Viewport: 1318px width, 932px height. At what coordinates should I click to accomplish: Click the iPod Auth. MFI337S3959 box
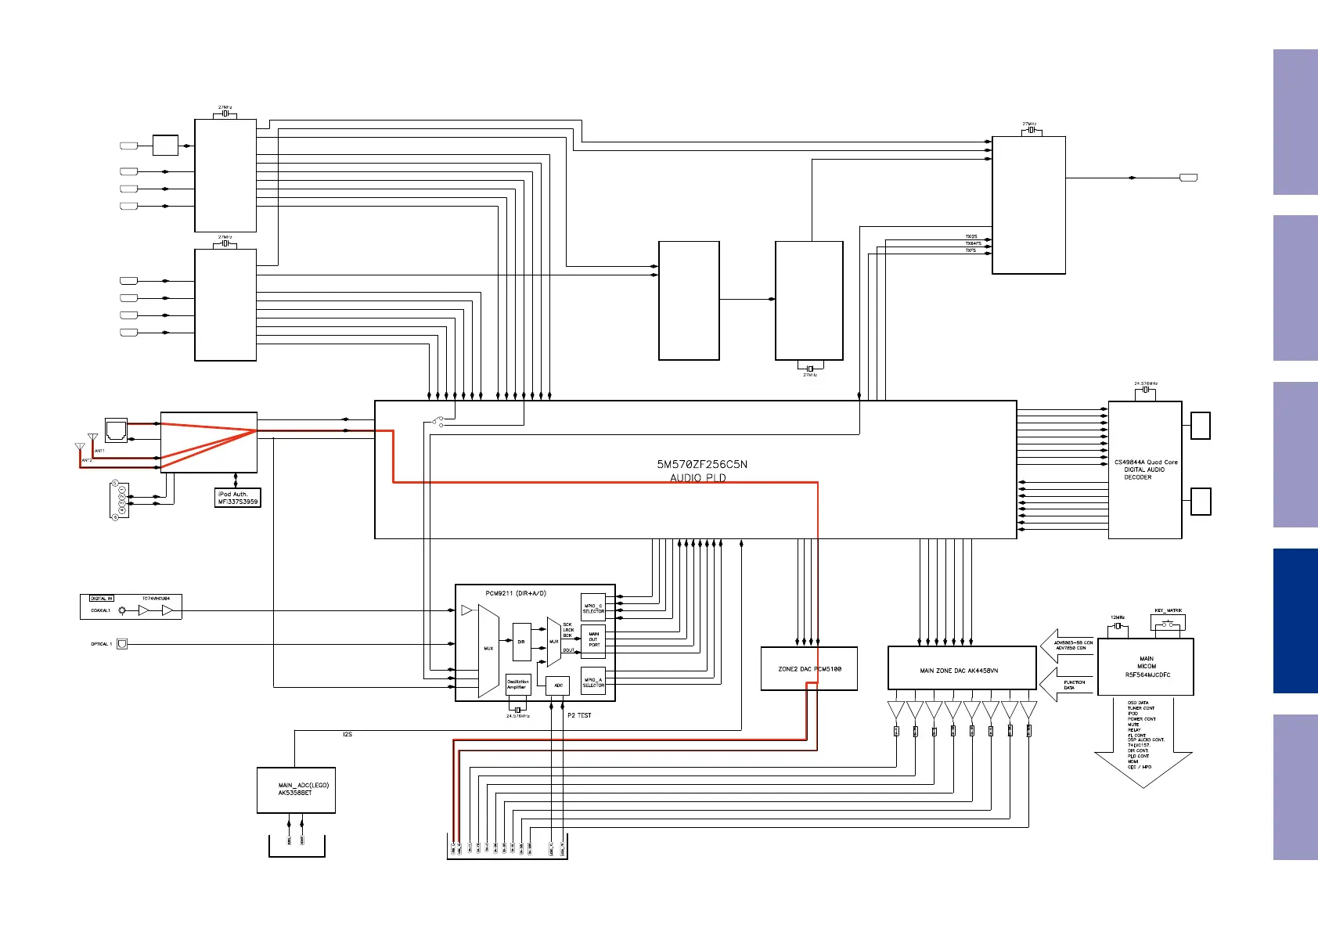238,498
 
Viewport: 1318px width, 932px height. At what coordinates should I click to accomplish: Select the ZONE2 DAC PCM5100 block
809,669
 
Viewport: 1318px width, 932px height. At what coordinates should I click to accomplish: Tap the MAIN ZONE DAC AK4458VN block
961,670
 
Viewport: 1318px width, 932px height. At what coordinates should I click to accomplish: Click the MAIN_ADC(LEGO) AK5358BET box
296,790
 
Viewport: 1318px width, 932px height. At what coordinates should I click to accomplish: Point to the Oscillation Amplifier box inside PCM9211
517,685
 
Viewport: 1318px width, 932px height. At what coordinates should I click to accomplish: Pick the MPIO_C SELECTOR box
593,608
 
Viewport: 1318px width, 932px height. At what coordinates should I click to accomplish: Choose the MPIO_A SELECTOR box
593,682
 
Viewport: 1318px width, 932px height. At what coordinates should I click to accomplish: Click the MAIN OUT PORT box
594,639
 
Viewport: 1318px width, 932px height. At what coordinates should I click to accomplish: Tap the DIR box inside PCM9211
521,642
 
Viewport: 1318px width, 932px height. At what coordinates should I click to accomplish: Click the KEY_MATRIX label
1168,610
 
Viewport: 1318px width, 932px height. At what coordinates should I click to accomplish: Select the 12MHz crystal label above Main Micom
1117,617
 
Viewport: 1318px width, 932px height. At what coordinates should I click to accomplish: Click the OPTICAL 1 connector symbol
122,644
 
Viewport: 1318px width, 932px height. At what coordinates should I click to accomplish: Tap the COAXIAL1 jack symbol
122,610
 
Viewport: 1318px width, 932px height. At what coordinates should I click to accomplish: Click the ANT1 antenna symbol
93,438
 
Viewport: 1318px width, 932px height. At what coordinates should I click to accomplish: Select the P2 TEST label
579,715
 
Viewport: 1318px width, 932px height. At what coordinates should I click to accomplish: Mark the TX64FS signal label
973,243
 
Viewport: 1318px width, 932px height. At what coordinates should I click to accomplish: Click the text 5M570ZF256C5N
702,464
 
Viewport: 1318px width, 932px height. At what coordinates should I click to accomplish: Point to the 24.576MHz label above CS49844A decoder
1145,383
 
